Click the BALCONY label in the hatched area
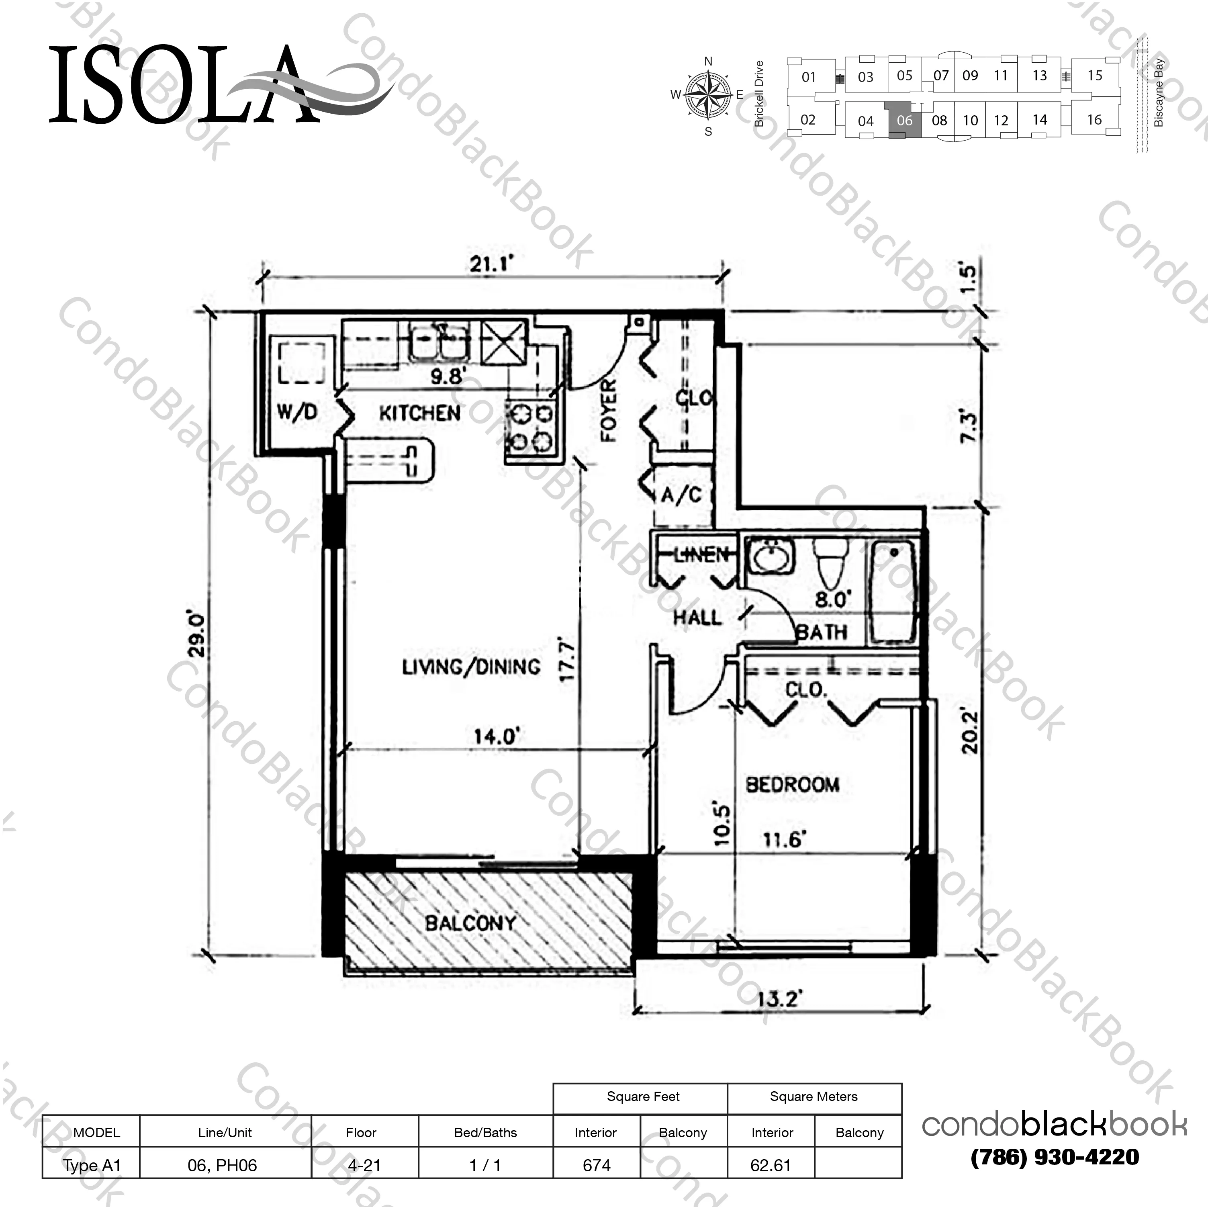pyautogui.click(x=470, y=923)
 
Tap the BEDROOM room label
pyautogui.click(x=792, y=784)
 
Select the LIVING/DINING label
pyautogui.click(x=471, y=667)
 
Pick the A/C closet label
pyautogui.click(x=681, y=495)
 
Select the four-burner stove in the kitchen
pyautogui.click(x=531, y=428)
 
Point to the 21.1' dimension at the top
pyautogui.click(x=491, y=264)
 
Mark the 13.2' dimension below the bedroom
pyautogui.click(x=779, y=999)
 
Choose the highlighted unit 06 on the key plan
pyautogui.click(x=905, y=121)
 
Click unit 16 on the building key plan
pyautogui.click(x=1094, y=119)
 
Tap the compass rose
pyautogui.click(x=708, y=96)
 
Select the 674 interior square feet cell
pyautogui.click(x=597, y=1165)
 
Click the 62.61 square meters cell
pyautogui.click(x=771, y=1165)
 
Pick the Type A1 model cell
pyautogui.click(x=91, y=1165)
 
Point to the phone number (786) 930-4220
pyautogui.click(x=1055, y=1157)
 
